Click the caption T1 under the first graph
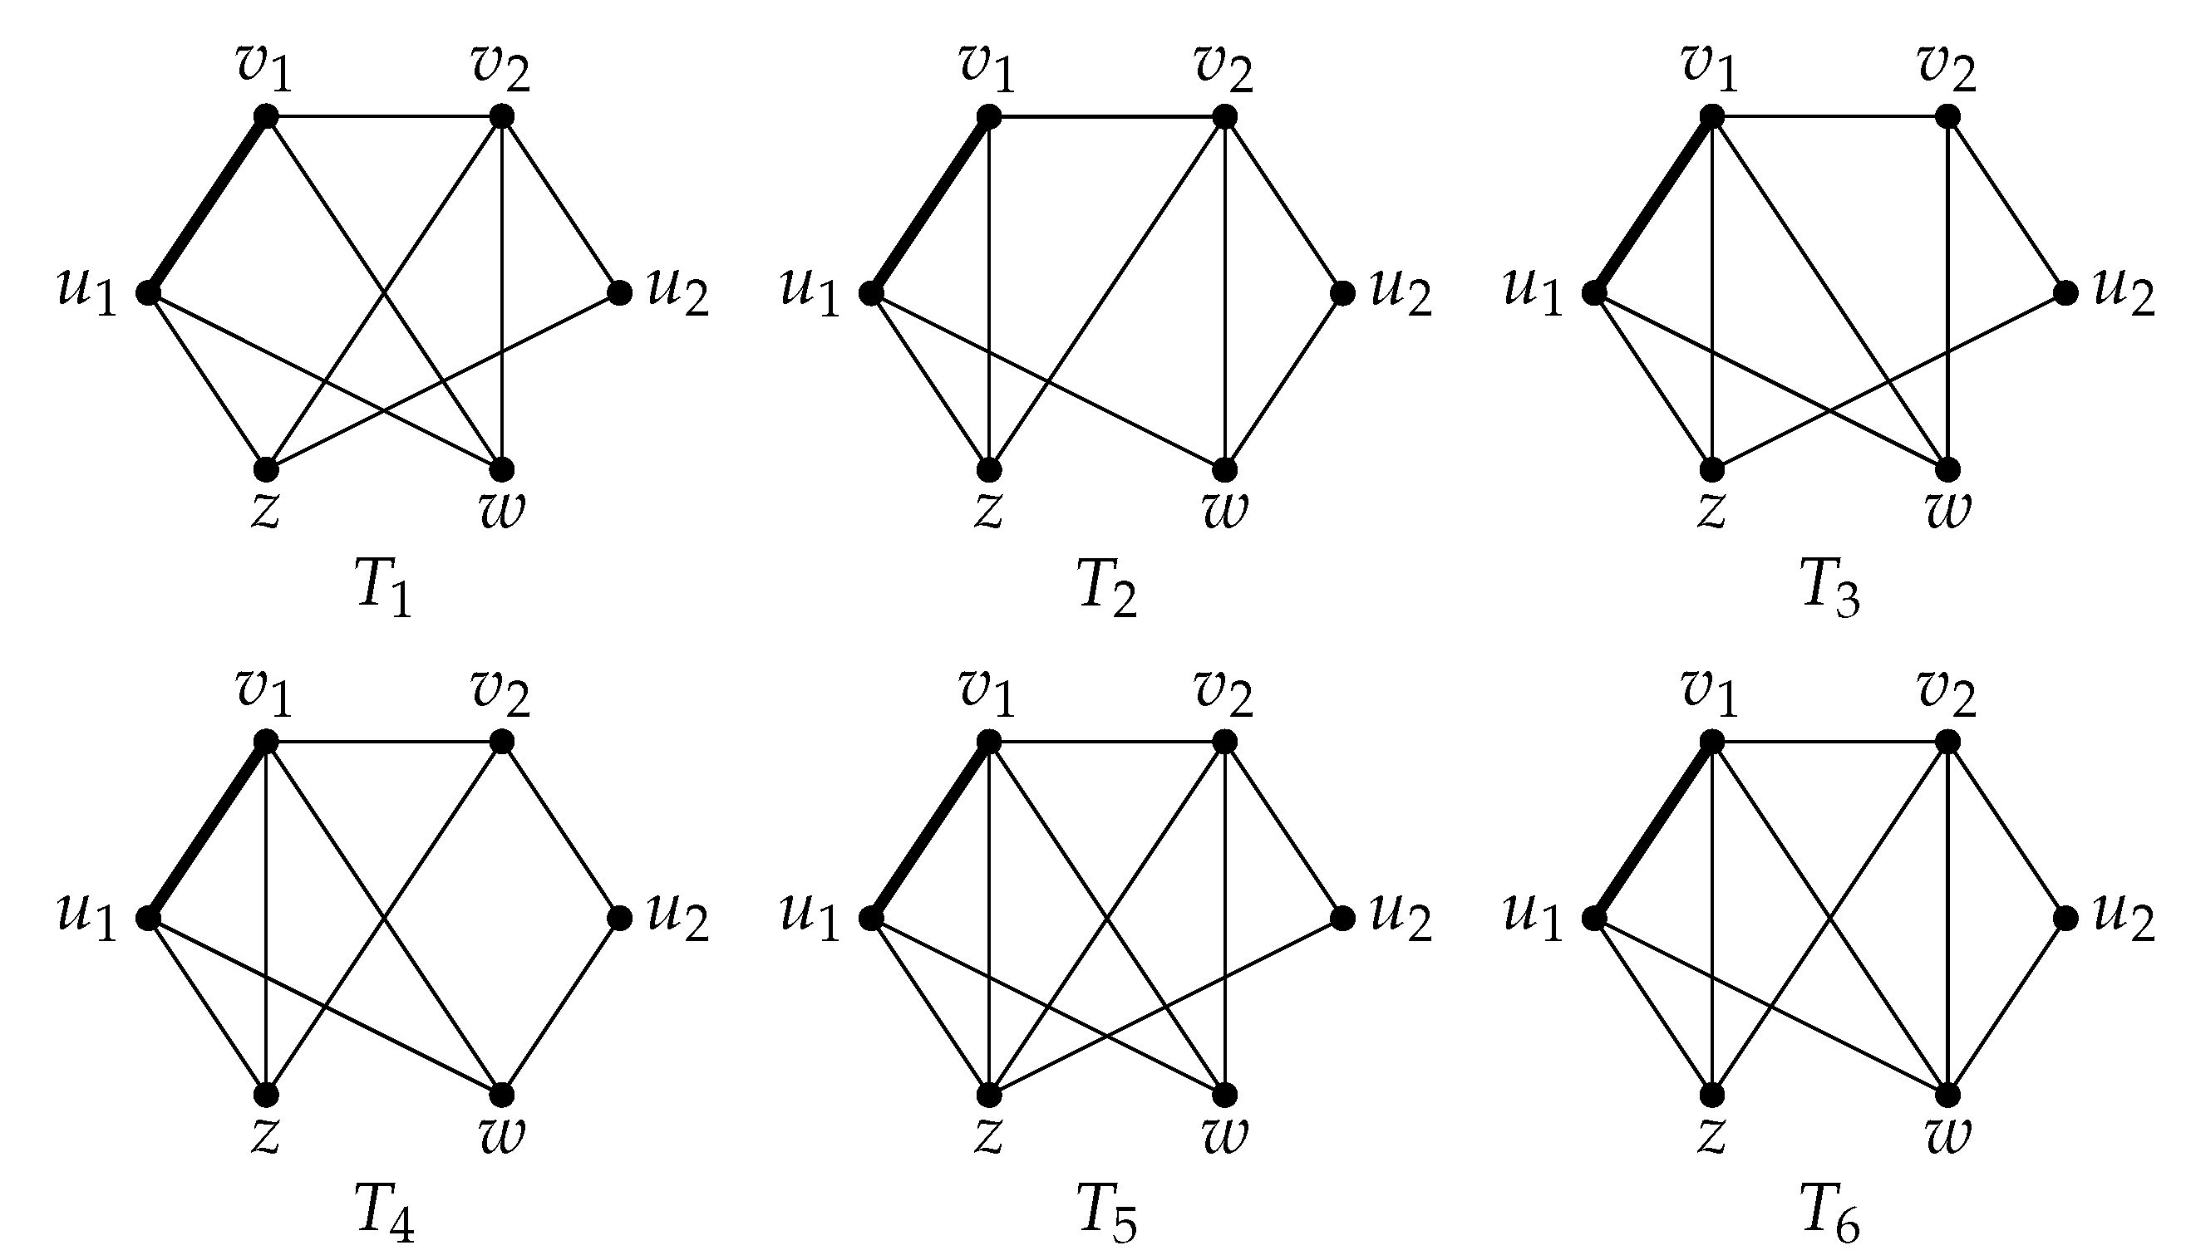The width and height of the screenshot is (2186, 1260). coord(383,587)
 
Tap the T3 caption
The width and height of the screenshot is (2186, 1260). coord(1830,587)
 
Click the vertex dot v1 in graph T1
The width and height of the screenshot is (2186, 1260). coord(267,116)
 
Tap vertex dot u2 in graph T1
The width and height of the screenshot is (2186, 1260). coord(620,292)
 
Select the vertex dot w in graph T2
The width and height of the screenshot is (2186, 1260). coord(1224,470)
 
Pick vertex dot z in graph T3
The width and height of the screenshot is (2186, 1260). coord(1711,470)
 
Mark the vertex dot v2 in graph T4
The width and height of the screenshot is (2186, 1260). coord(501,742)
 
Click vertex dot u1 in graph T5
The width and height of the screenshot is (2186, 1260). coord(871,918)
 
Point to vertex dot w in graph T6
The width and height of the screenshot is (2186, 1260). coord(1947,1095)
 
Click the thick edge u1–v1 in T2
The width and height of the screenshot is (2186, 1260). coord(930,204)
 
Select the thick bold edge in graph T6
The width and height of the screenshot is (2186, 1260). coord(1652,830)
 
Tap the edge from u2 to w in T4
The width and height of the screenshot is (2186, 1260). coord(561,1007)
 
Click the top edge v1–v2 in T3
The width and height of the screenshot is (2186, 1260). coord(1829,116)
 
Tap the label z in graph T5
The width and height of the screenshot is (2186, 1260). coord(987,1135)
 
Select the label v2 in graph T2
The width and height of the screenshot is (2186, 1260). coord(1224,67)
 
